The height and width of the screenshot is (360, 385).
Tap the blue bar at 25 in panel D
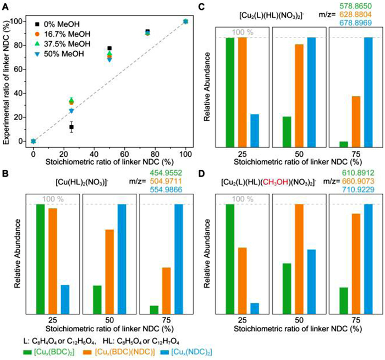(x=255, y=307)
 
